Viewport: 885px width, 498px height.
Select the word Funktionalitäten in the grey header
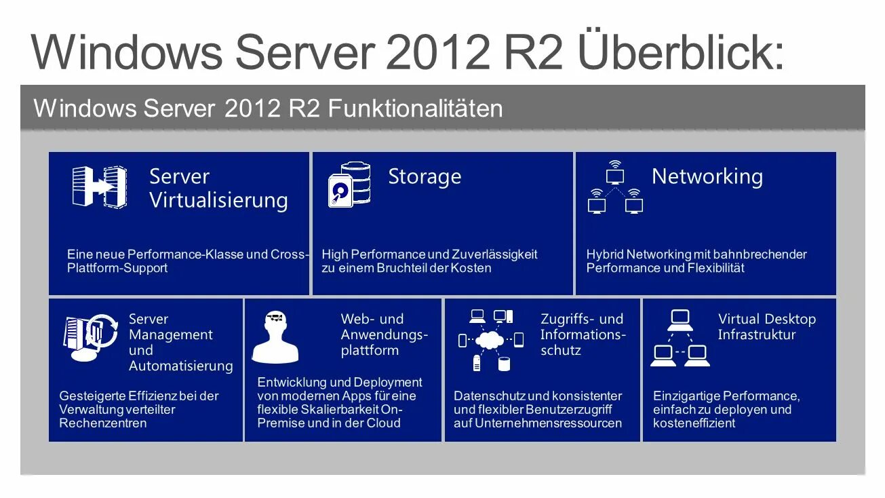(x=415, y=109)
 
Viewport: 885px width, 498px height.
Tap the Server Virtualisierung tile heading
(x=218, y=189)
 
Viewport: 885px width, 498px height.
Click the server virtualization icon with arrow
(x=99, y=187)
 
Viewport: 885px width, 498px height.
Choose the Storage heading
(x=425, y=177)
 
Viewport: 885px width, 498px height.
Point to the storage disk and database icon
(x=349, y=184)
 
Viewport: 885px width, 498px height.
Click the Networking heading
(x=707, y=176)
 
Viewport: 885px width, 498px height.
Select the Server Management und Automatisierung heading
(x=180, y=343)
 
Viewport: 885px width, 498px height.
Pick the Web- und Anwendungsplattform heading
(x=384, y=334)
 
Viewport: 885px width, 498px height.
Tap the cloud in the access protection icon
(x=491, y=340)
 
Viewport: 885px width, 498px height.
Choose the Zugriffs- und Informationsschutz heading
(x=582, y=334)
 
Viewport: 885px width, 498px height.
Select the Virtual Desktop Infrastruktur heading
(x=766, y=327)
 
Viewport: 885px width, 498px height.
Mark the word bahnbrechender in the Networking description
(x=763, y=254)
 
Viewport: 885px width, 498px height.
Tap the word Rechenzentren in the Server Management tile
(x=103, y=423)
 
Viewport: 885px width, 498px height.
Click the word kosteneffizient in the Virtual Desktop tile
(x=694, y=423)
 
